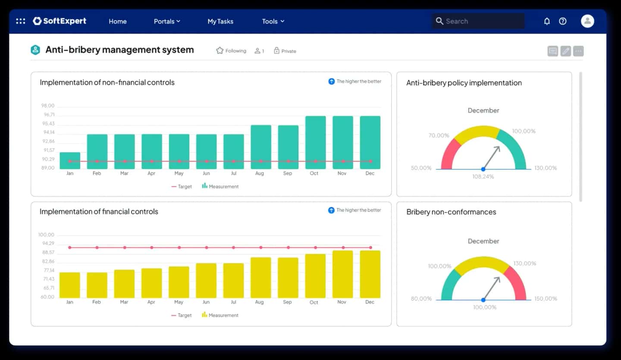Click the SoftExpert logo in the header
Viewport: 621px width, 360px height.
[x=60, y=21]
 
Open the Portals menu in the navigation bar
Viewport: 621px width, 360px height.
[x=167, y=21]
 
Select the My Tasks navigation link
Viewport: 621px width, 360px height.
[x=220, y=21]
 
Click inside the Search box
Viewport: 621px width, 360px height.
[x=479, y=21]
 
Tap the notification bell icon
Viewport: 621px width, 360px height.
[x=547, y=21]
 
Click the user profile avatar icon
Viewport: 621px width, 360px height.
[x=587, y=21]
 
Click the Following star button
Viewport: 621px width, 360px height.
[x=231, y=51]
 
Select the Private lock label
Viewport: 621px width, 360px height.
[x=285, y=51]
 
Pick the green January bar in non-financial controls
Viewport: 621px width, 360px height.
[x=70, y=160]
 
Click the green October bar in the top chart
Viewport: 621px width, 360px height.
[x=315, y=142]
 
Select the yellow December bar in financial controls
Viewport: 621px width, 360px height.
[x=370, y=274]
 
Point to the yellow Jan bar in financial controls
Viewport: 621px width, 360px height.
[x=70, y=285]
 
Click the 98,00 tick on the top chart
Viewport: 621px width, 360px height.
[x=48, y=106]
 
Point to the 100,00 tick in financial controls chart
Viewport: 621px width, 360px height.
[x=47, y=235]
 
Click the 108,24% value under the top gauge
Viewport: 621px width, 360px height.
[x=483, y=177]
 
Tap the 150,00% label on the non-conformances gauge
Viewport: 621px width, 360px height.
[x=546, y=298]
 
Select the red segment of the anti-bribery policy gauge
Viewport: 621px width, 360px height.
[x=449, y=153]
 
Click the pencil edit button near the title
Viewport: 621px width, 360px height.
[x=566, y=51]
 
